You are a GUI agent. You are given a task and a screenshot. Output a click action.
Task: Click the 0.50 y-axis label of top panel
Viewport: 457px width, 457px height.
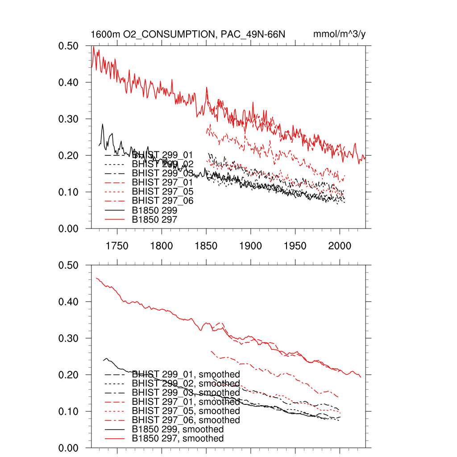pos(69,46)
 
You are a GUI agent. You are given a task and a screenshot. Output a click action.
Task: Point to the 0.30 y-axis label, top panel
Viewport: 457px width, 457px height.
pos(69,119)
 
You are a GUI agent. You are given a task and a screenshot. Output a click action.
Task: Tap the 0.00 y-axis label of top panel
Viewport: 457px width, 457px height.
pos(69,228)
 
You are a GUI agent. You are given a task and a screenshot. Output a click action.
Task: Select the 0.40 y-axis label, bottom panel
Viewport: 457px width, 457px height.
pos(69,302)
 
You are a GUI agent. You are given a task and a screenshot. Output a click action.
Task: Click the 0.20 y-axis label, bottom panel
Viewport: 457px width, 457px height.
pos(69,375)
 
